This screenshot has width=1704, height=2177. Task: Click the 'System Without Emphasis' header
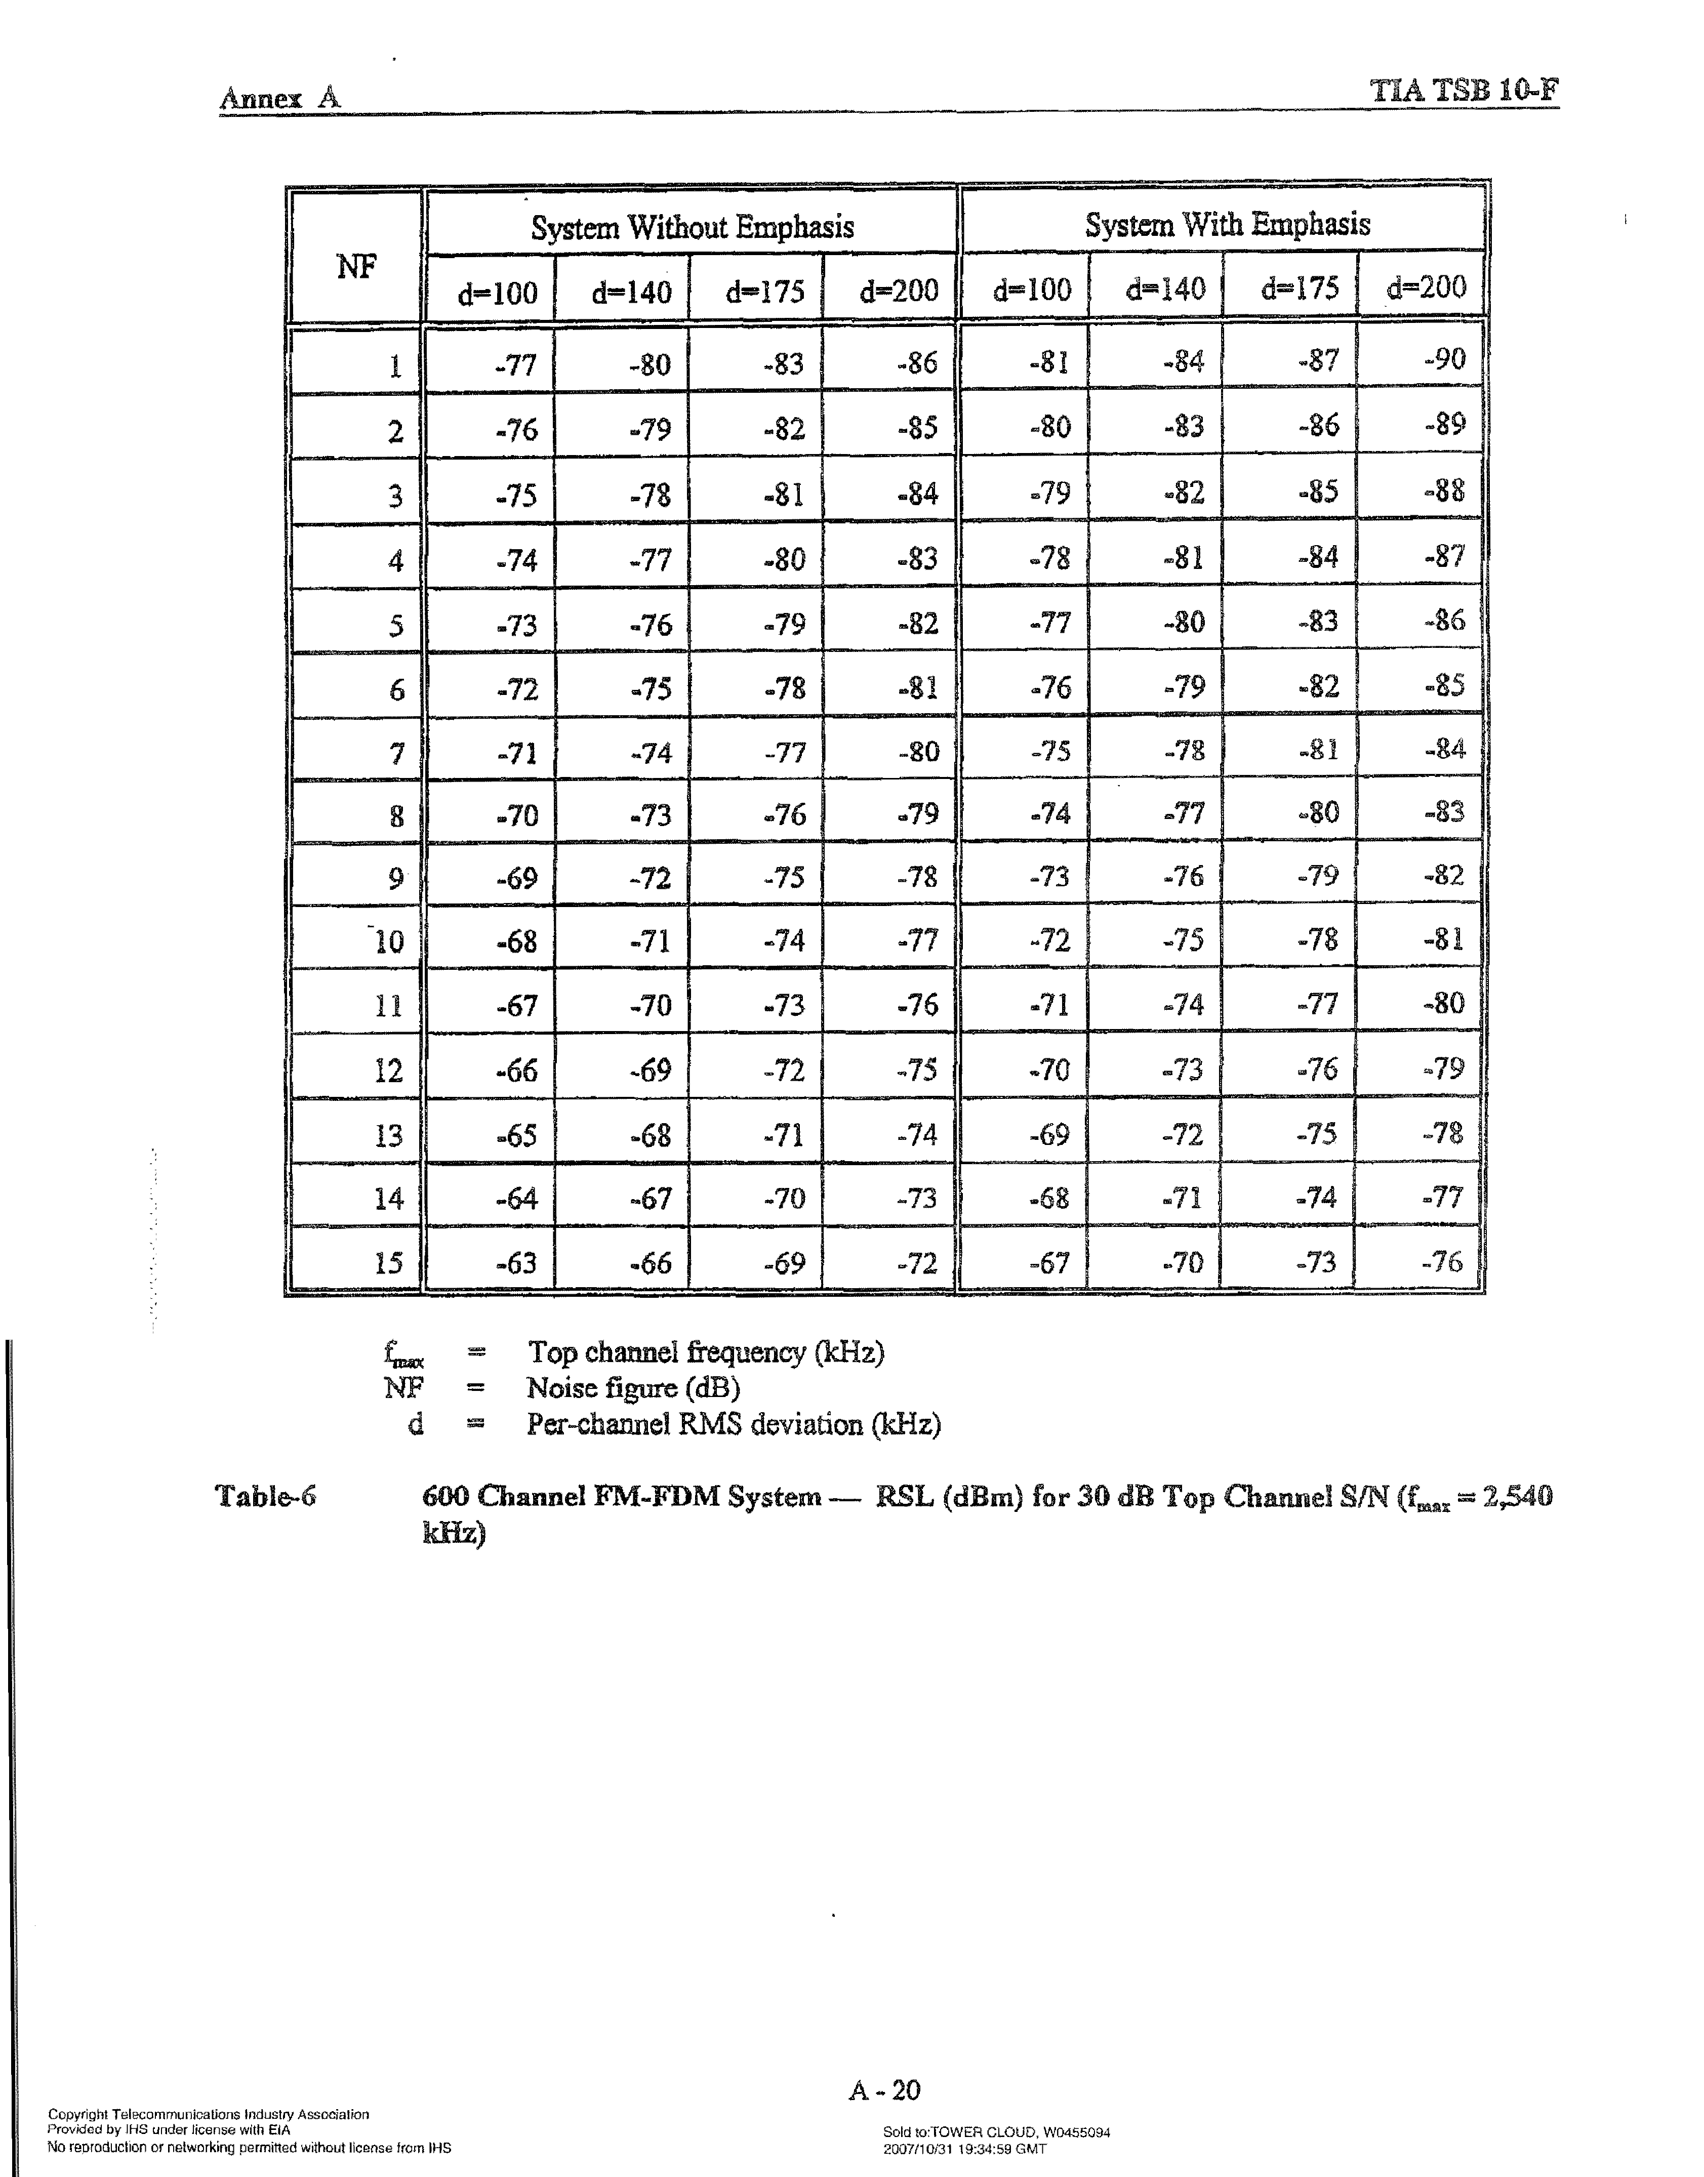point(692,227)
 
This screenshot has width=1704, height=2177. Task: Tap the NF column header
point(356,266)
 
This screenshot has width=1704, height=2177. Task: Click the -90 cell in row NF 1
point(1444,359)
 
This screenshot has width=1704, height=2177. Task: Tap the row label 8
point(396,817)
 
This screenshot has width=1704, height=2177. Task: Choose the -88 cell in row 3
point(1444,490)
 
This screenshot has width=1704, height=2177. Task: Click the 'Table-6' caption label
point(265,1496)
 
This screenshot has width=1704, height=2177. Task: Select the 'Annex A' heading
point(279,98)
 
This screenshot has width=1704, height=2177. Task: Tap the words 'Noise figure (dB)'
point(632,1387)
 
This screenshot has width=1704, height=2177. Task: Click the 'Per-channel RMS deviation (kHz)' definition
point(733,1423)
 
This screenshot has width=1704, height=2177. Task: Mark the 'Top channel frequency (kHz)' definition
point(705,1352)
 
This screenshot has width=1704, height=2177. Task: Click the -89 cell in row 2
point(1444,425)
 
